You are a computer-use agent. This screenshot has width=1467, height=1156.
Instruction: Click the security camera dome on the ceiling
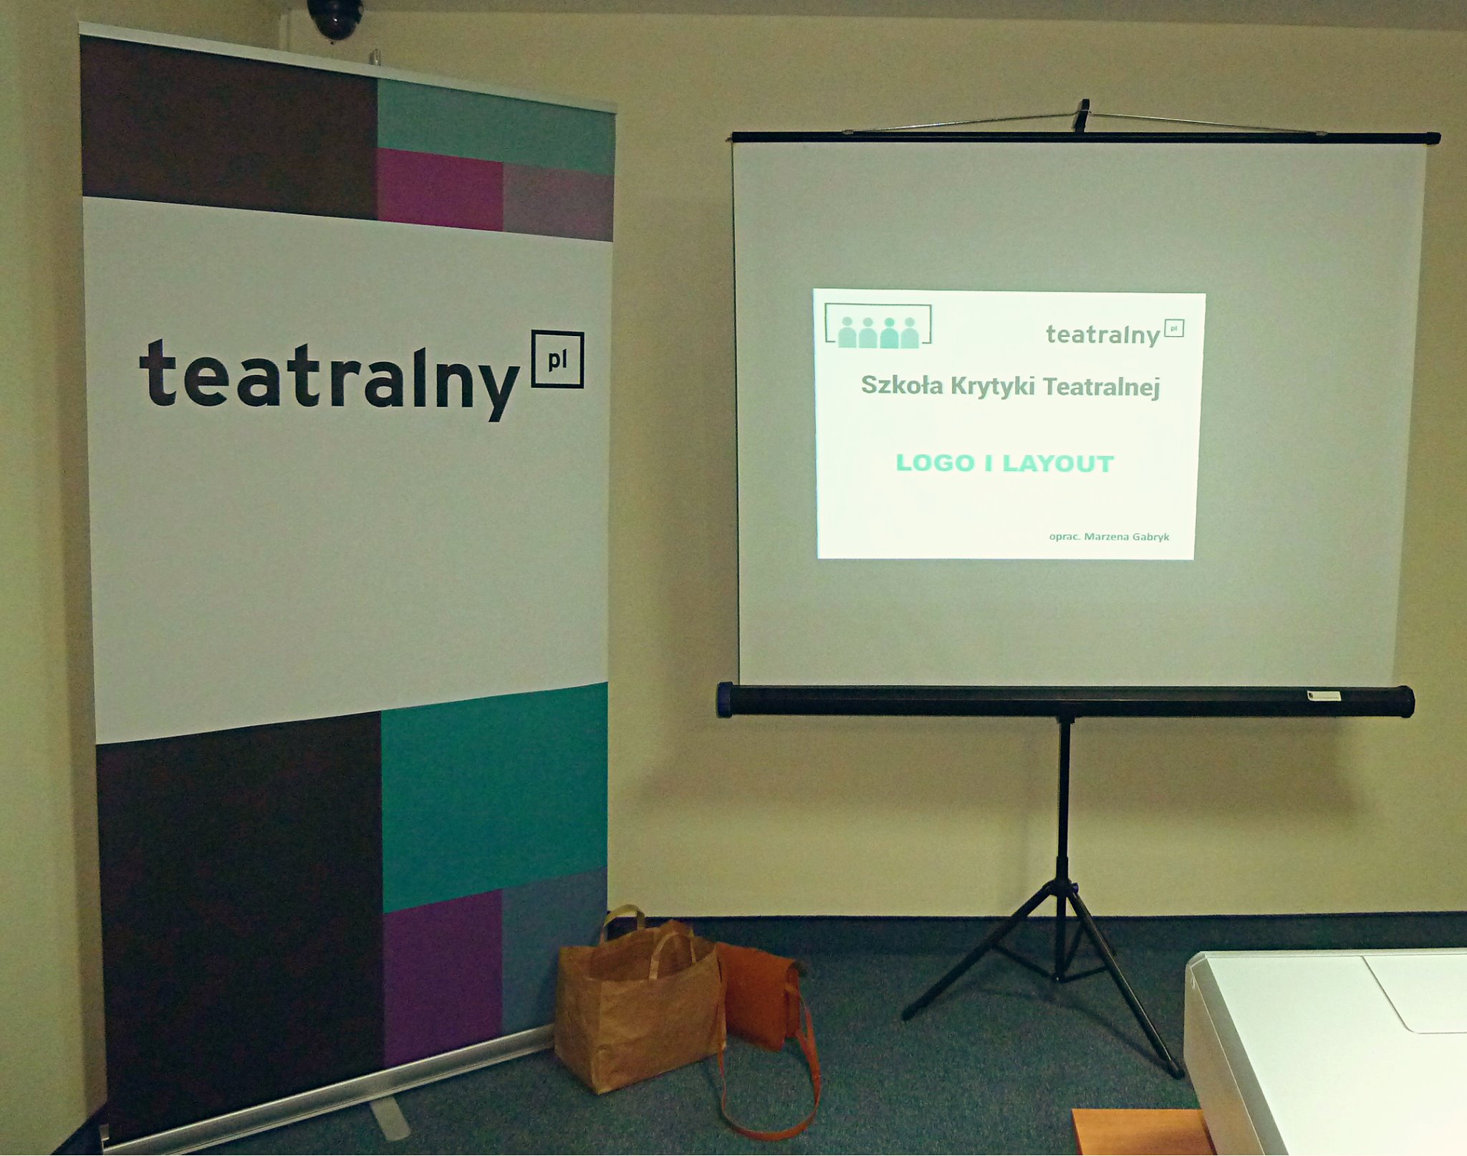[335, 17]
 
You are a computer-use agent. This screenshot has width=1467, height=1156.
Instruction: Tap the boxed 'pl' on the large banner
[557, 359]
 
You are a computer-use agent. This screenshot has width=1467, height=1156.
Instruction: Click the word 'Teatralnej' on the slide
[1101, 387]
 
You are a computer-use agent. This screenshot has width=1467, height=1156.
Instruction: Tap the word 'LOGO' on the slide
[935, 463]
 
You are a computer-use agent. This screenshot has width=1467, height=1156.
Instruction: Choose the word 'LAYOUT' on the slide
[1058, 464]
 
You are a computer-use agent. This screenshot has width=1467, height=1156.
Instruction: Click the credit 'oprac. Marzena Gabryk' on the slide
[1109, 537]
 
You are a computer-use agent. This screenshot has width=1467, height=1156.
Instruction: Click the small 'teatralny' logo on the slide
[1115, 333]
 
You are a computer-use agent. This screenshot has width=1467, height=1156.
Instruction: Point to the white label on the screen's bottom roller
[1323, 695]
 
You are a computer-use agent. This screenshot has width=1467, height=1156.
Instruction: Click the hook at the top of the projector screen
[1082, 115]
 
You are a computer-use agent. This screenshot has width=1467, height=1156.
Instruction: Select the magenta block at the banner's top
[440, 188]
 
